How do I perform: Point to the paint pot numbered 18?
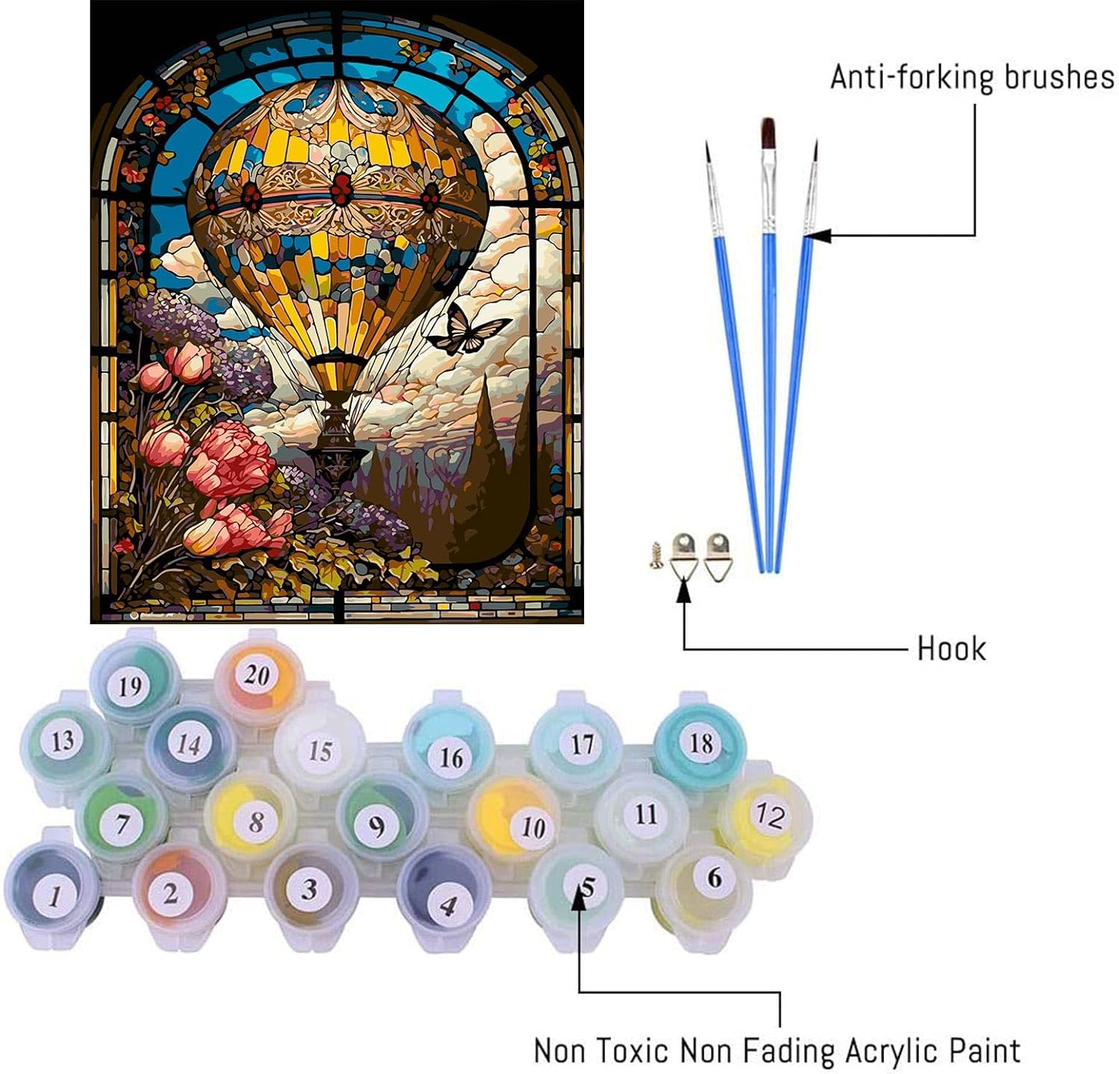(700, 744)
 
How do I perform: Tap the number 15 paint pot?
(319, 750)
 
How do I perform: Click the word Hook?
(951, 649)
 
